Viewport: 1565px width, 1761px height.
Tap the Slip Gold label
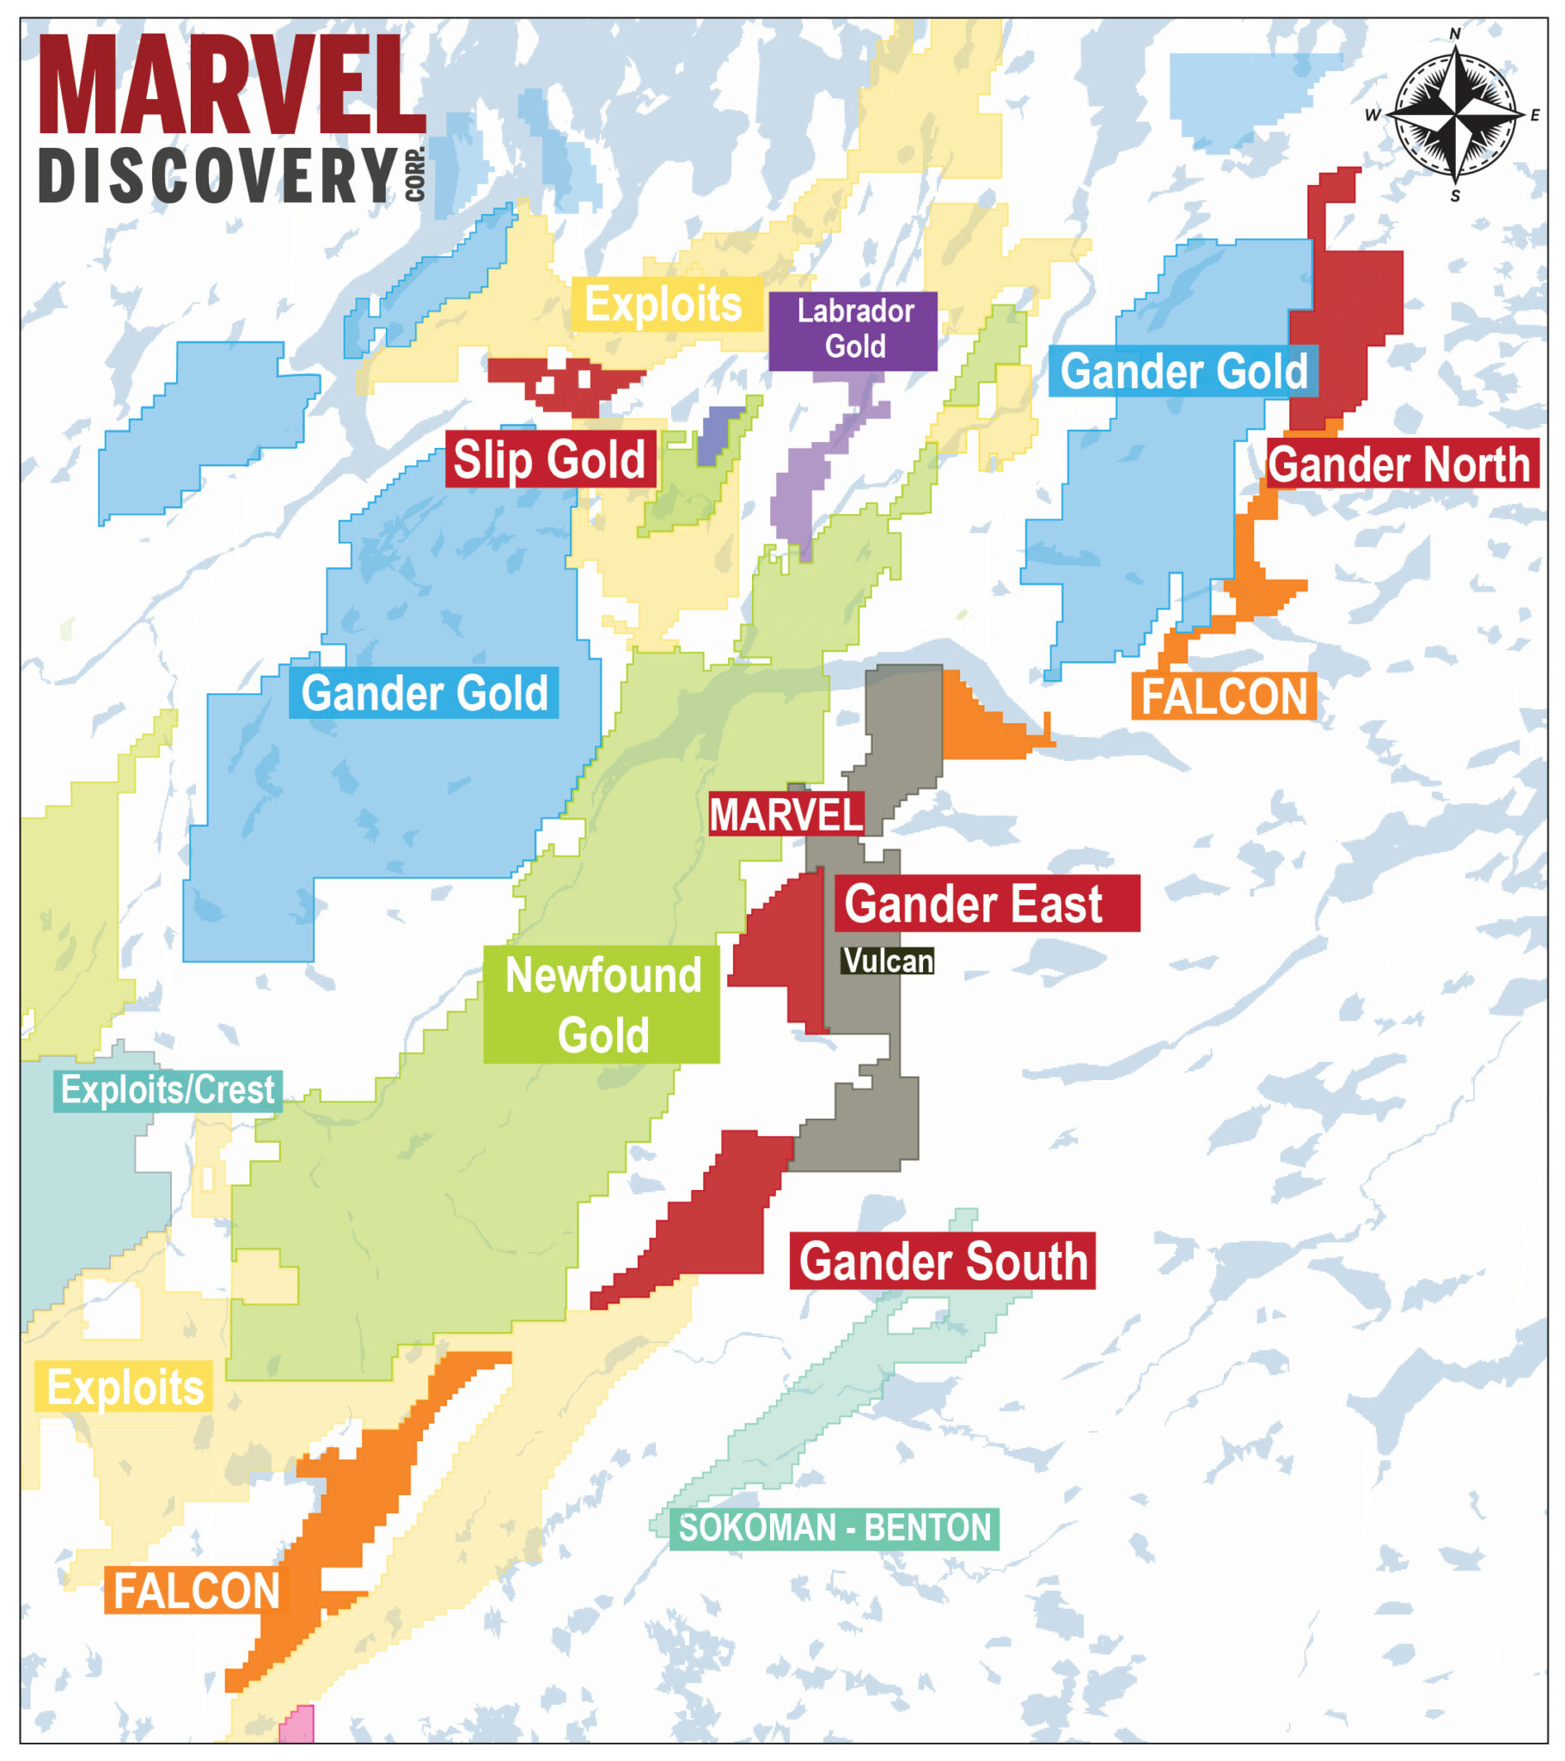coord(549,459)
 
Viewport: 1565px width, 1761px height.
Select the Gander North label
coord(1401,464)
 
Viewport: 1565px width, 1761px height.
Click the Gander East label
coord(986,904)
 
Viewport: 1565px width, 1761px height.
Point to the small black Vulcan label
coord(887,960)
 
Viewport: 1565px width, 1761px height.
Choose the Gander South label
coord(941,1261)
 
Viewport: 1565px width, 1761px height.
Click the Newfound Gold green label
coord(602,1004)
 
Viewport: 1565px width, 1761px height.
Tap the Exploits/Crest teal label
coord(167,1090)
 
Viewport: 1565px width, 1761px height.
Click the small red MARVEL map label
coord(785,815)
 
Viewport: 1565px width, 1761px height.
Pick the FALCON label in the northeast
coord(1222,696)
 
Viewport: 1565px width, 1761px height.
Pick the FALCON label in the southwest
coord(197,1591)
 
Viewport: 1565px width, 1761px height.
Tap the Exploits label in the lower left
coord(124,1386)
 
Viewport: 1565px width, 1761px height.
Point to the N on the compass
coord(1454,34)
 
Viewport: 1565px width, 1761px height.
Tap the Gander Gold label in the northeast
coord(1182,371)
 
